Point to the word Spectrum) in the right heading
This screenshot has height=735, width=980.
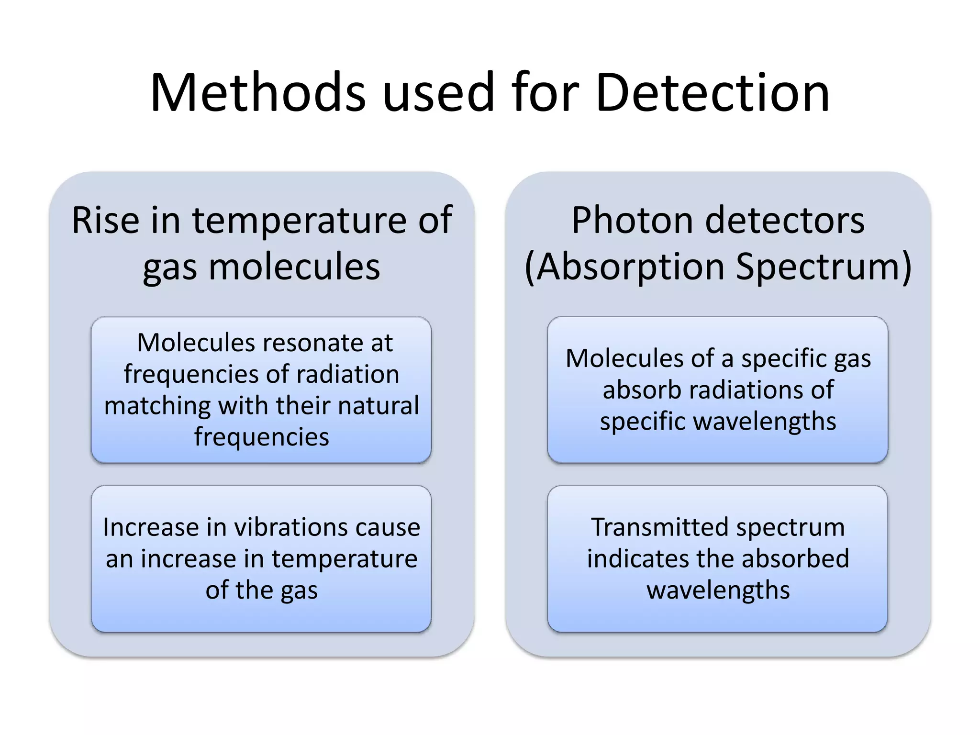[823, 267]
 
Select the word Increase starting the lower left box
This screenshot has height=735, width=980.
[151, 527]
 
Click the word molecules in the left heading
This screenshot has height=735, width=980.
[294, 267]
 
